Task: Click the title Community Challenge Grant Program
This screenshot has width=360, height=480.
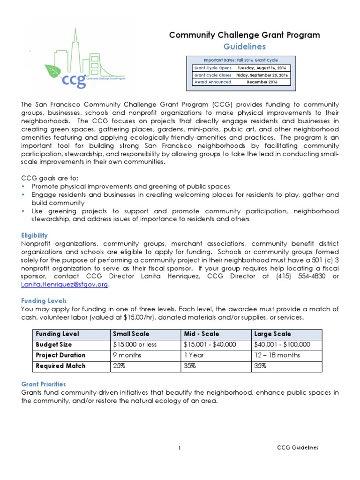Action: [x=244, y=35]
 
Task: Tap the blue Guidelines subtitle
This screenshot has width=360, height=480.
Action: [x=244, y=46]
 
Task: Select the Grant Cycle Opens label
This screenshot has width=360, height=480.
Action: [x=213, y=68]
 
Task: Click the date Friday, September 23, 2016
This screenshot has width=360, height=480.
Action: [x=262, y=75]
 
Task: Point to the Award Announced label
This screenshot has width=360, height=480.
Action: [x=213, y=82]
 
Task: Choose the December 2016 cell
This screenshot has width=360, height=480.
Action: [x=262, y=82]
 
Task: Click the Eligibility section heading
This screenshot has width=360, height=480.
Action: [x=35, y=235]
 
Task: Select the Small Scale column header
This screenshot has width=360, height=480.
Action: [x=131, y=334]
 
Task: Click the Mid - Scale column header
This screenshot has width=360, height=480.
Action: [x=202, y=334]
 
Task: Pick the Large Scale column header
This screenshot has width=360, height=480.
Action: [x=272, y=334]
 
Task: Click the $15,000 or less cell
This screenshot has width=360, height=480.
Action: [x=135, y=345]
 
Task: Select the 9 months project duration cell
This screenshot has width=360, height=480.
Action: [x=127, y=355]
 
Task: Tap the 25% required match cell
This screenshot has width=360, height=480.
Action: [x=120, y=366]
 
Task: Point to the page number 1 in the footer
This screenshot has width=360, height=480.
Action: [x=180, y=448]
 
